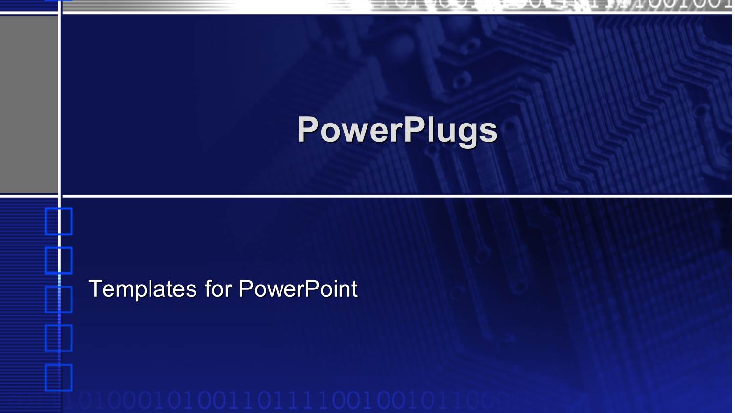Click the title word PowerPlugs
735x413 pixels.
[x=397, y=130]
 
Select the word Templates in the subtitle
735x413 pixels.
[x=143, y=289]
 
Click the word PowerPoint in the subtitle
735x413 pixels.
[x=298, y=289]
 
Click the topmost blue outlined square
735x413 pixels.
[x=59, y=222]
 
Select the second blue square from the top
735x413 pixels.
[x=59, y=260]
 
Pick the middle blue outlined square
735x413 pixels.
[x=59, y=299]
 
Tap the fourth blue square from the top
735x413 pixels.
[x=59, y=338]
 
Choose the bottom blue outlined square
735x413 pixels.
[x=59, y=377]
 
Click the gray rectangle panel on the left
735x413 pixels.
[x=28, y=104]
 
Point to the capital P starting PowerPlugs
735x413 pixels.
[x=308, y=129]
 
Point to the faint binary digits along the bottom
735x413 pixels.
[x=283, y=400]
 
